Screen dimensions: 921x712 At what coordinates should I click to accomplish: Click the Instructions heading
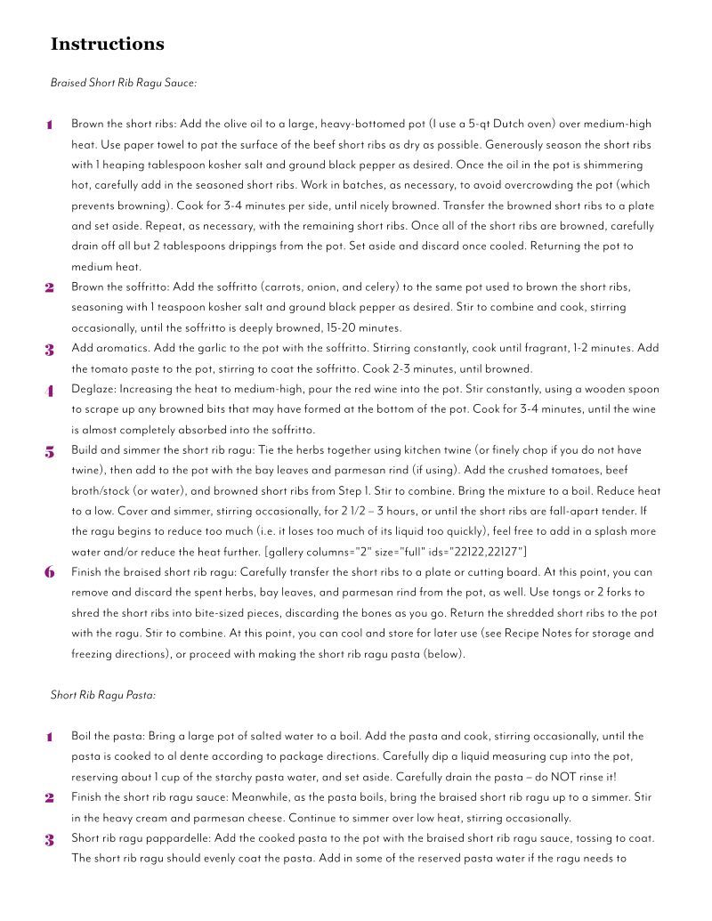point(107,44)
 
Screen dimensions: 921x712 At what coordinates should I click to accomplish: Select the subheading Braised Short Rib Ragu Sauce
point(123,83)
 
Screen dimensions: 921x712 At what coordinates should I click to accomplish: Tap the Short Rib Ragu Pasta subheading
point(103,694)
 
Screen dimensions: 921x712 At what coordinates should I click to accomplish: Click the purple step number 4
point(49,391)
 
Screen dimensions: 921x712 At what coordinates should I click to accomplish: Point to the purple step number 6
point(49,572)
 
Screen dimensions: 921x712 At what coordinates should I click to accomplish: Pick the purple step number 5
point(49,451)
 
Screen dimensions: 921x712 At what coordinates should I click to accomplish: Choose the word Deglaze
point(93,389)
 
